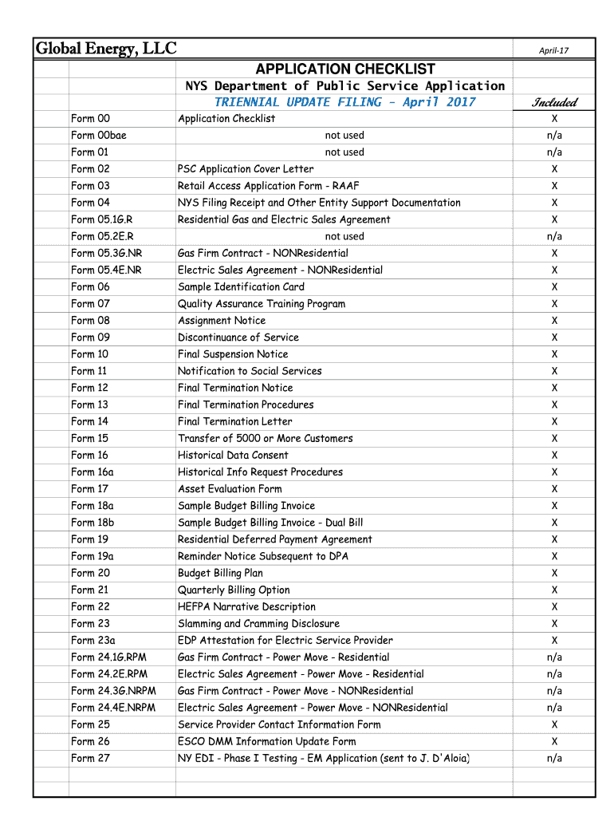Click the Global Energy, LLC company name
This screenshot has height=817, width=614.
click(x=105, y=49)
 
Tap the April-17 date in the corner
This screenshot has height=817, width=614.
click(x=553, y=51)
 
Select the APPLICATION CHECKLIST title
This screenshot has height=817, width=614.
click(x=344, y=69)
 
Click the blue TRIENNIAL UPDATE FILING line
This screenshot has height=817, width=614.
click(x=344, y=102)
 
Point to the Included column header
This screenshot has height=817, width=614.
click(x=554, y=102)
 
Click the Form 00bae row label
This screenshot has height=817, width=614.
click(x=99, y=136)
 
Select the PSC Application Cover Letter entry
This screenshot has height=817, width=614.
click(x=246, y=169)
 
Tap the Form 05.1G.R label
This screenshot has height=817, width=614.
click(x=102, y=219)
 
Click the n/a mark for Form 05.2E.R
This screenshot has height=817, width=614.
click(x=554, y=236)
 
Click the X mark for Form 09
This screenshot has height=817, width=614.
click(x=554, y=337)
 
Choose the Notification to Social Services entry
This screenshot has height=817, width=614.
click(x=250, y=371)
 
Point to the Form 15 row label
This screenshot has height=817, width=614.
click(x=89, y=438)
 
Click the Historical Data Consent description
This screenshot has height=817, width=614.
click(x=233, y=455)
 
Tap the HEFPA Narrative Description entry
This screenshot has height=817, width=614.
click(x=246, y=606)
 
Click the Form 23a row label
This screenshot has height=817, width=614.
click(x=93, y=640)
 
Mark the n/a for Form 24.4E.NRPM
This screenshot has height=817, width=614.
click(x=554, y=708)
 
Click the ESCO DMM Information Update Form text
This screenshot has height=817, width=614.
click(x=267, y=741)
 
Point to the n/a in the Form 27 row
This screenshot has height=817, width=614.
click(x=554, y=758)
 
